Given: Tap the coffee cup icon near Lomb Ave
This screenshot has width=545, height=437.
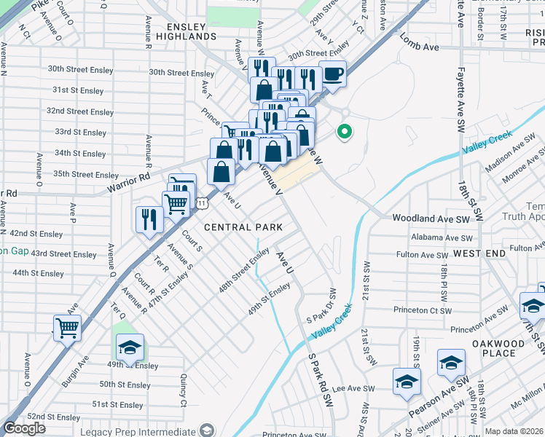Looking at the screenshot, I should click(332, 75).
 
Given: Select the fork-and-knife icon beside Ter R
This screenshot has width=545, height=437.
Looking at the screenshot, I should click(149, 219).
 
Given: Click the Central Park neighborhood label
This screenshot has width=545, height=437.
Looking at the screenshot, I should click(243, 227).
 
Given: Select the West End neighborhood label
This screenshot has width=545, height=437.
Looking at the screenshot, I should click(479, 253).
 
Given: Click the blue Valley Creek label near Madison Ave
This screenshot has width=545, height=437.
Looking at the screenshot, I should click(487, 142).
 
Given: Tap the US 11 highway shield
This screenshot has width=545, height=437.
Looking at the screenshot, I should click(200, 204).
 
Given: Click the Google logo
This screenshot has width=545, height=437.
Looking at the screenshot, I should click(24, 428).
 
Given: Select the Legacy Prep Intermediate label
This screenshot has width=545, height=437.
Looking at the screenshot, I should click(150, 430).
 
